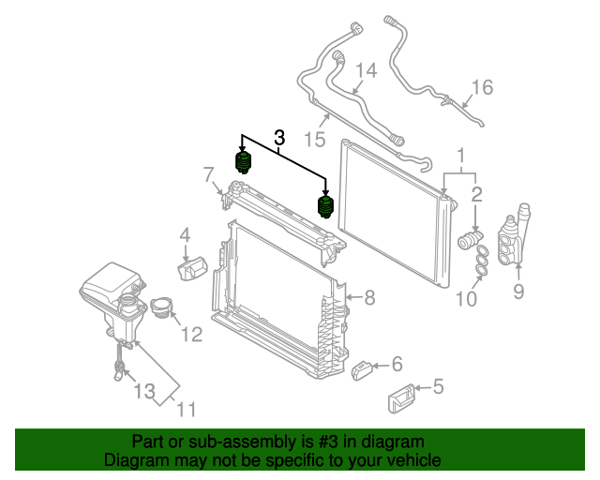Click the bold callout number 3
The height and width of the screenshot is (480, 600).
(278, 138)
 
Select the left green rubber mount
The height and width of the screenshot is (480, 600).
(244, 163)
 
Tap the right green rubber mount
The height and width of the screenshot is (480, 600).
(326, 205)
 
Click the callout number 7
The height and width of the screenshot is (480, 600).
(208, 173)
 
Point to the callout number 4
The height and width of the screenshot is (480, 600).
(185, 234)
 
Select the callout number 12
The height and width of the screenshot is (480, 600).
(191, 333)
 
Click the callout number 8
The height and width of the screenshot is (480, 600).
(369, 298)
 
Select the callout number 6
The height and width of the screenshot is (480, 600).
(397, 364)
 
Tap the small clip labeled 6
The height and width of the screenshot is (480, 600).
(363, 372)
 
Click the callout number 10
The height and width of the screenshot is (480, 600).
(467, 300)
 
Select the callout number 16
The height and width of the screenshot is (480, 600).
(482, 88)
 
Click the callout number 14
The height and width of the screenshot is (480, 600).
(365, 71)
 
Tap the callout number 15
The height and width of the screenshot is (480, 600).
(314, 140)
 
